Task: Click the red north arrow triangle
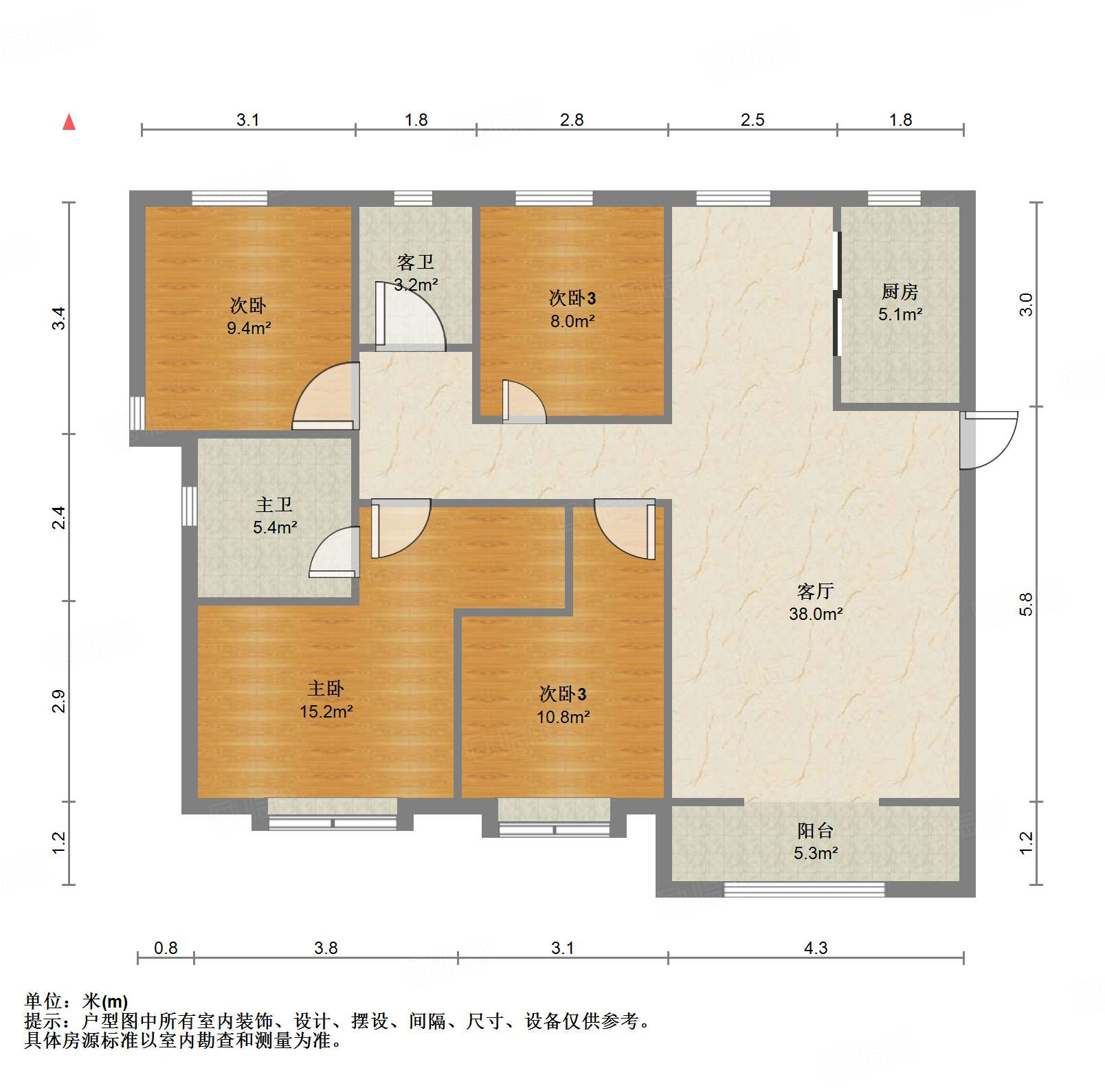[x=69, y=122]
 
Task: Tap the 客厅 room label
[x=815, y=591]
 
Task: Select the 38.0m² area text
[x=815, y=614]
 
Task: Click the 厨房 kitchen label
[x=900, y=292]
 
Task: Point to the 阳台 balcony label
[x=815, y=831]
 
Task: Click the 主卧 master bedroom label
[x=326, y=689]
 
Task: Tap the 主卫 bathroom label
[x=274, y=505]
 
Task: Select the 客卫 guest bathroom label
[x=415, y=263]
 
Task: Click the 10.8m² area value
[x=563, y=718]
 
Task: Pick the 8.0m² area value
[x=572, y=321]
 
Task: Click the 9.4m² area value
[x=249, y=329]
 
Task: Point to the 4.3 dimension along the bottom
[x=815, y=948]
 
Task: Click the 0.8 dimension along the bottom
[x=166, y=948]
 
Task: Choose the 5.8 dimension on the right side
[x=1026, y=604]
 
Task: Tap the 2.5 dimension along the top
[x=752, y=120]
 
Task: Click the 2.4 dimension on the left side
[x=60, y=517]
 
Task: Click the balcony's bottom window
[x=804, y=890]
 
